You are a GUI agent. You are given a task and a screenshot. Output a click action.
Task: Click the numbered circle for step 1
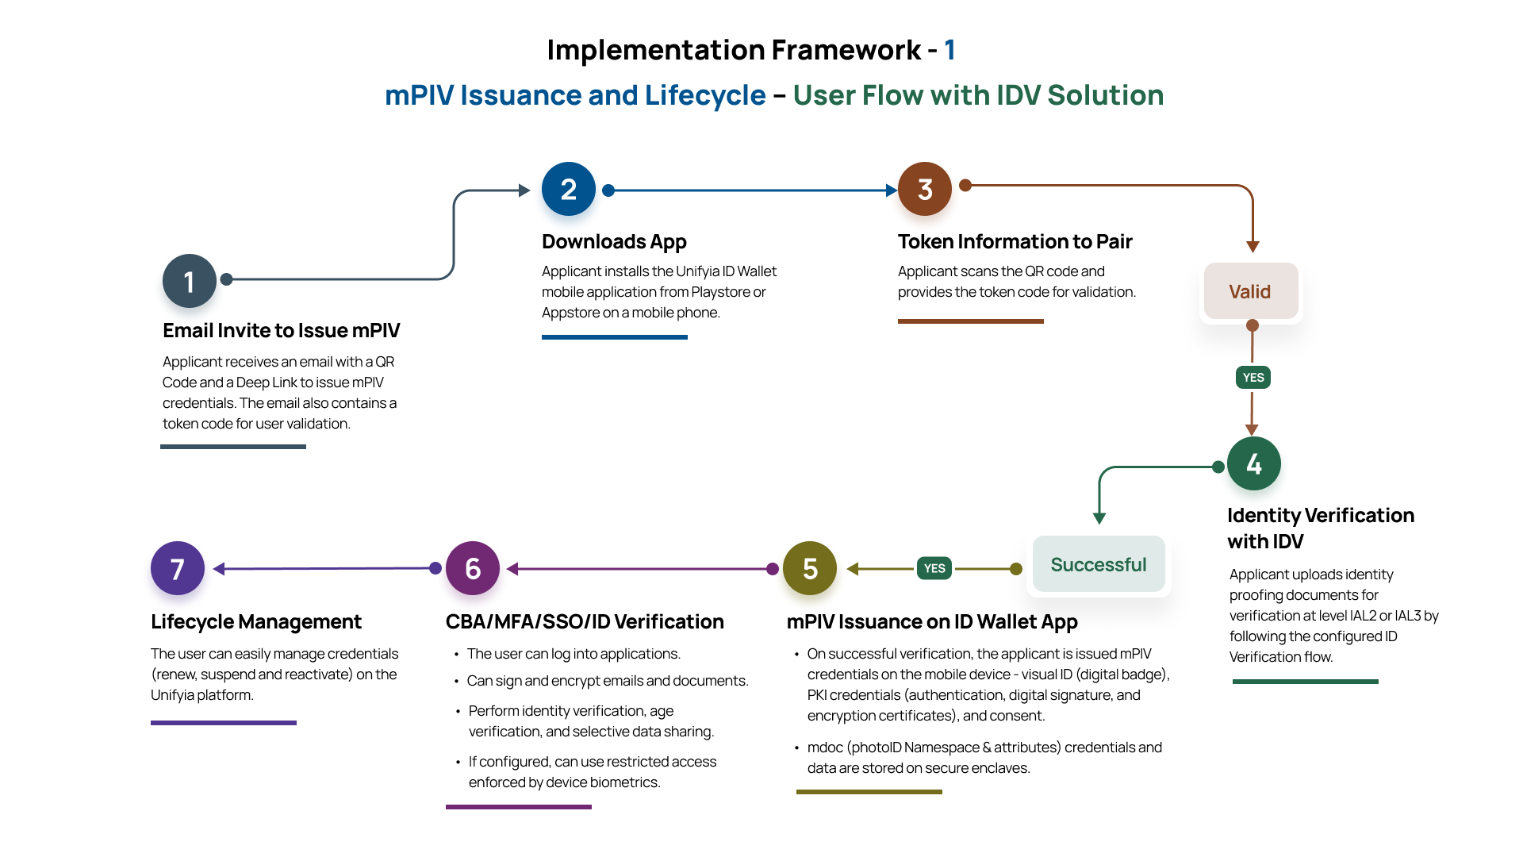(190, 281)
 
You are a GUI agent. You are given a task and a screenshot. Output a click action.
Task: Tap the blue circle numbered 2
(569, 189)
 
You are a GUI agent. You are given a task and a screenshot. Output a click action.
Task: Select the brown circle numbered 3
(925, 189)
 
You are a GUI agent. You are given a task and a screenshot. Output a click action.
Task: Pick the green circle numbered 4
(1253, 463)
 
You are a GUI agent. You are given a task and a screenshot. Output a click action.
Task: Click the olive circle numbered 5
(810, 568)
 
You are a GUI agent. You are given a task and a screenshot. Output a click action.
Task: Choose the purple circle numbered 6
(473, 568)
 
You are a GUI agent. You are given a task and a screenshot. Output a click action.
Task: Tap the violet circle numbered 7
(178, 568)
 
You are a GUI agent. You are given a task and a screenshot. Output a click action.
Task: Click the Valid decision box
(1251, 291)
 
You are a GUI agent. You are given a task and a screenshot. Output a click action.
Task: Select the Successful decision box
(1099, 564)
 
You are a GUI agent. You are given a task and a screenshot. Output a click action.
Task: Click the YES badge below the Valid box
(1253, 378)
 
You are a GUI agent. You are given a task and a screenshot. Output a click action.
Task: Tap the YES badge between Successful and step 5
(934, 568)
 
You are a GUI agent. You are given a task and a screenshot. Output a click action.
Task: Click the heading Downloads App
(614, 241)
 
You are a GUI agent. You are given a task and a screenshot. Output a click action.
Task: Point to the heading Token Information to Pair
(1015, 241)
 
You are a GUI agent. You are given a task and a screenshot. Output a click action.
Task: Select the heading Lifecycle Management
(256, 621)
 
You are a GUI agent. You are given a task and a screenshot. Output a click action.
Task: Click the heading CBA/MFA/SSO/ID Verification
(585, 621)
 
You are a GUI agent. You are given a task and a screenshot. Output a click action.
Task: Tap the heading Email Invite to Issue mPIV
(281, 330)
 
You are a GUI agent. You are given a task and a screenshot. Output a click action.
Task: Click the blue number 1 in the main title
(949, 50)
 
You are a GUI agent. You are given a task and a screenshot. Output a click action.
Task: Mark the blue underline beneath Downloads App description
(614, 337)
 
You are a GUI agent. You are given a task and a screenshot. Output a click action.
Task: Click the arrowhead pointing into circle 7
(219, 569)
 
